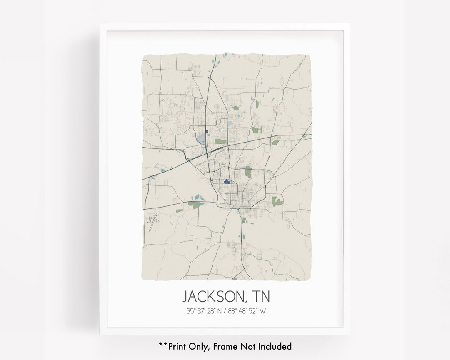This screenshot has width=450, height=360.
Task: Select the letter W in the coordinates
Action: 262,311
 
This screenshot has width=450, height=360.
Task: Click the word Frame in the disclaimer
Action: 230,346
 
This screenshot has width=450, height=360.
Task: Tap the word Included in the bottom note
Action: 275,346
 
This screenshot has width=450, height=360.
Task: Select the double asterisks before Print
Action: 162,345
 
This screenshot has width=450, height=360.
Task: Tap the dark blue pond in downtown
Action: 227,182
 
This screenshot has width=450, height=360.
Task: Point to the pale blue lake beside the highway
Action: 202,138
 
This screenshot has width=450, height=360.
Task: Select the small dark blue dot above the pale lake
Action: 206,131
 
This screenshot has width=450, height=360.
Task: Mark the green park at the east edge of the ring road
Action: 277,202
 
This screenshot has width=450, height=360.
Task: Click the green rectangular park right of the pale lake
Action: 220,141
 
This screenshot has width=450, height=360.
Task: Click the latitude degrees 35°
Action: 190,311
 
